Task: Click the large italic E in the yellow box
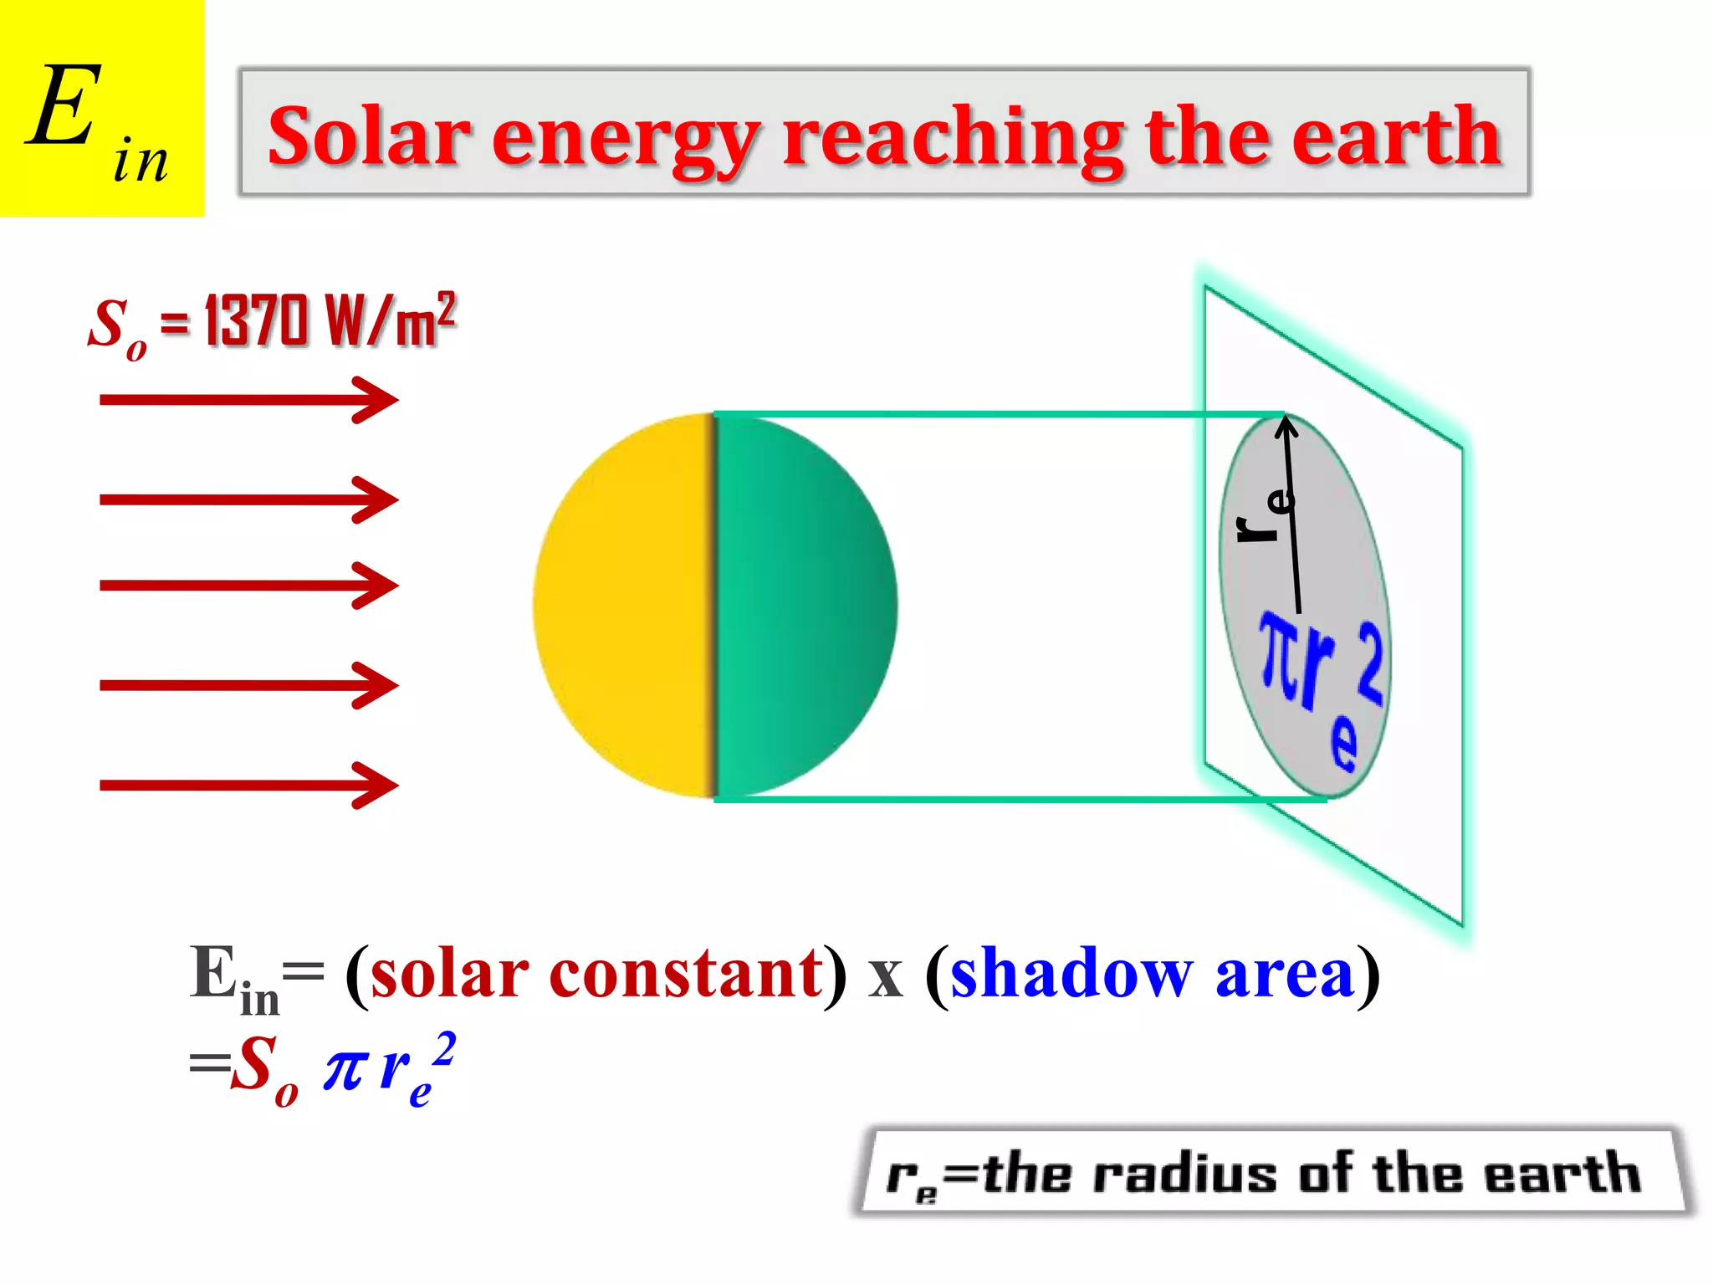coord(63,107)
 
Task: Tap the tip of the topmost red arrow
coord(395,400)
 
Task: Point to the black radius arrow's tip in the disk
coord(1286,421)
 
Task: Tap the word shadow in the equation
coord(1071,975)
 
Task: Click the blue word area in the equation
coord(1284,975)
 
